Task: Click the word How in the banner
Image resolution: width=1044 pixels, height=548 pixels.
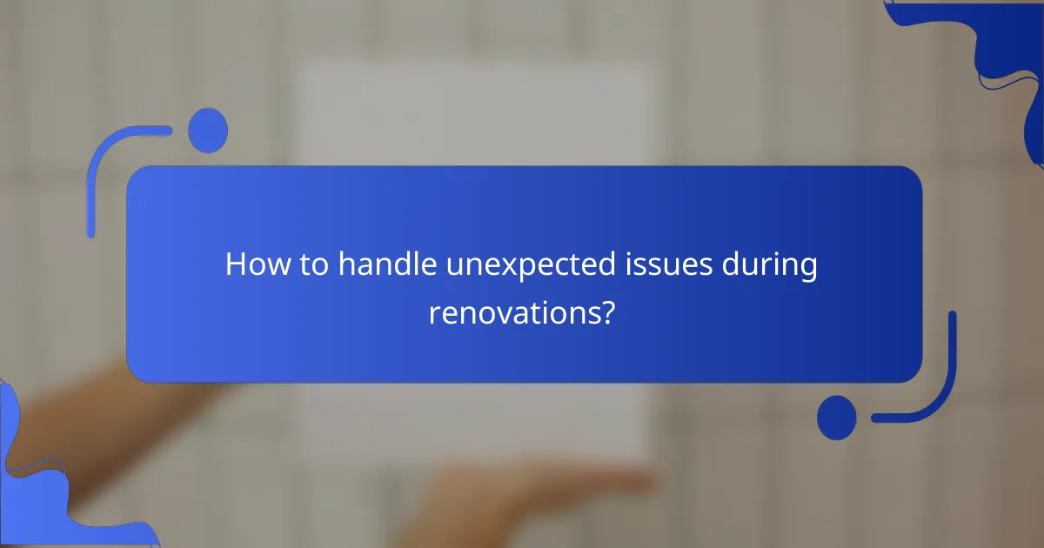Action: tap(253, 264)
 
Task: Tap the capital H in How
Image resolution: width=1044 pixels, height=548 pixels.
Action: tap(235, 264)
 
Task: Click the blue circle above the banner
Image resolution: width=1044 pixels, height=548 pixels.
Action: tap(208, 130)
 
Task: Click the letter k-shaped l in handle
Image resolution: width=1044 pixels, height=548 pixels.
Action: tap(412, 263)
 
